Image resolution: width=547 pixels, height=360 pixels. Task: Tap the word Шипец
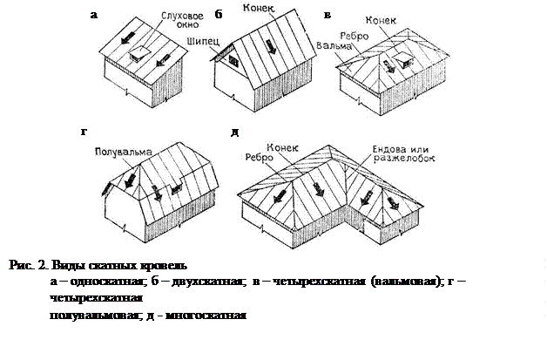[x=224, y=51]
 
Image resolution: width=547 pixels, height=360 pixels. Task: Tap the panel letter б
[x=219, y=14]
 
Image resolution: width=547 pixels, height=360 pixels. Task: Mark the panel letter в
[x=327, y=15]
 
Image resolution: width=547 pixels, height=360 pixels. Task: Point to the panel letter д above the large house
[x=233, y=132]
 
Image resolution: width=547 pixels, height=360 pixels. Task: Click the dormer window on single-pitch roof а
[x=136, y=54]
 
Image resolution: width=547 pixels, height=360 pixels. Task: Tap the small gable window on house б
[x=233, y=62]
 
